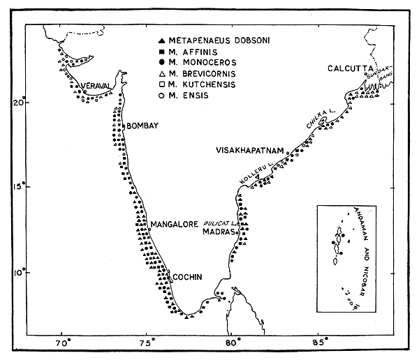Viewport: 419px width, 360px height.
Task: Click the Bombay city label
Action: pos(144,125)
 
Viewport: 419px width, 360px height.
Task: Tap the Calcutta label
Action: pos(353,68)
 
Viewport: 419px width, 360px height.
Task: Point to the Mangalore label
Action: pos(175,224)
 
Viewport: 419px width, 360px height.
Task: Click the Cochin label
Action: pos(187,277)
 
